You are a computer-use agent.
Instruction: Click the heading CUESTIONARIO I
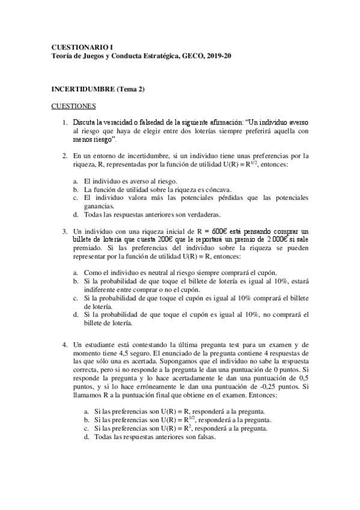point(82,46)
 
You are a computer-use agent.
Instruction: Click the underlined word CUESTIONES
point(74,106)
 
